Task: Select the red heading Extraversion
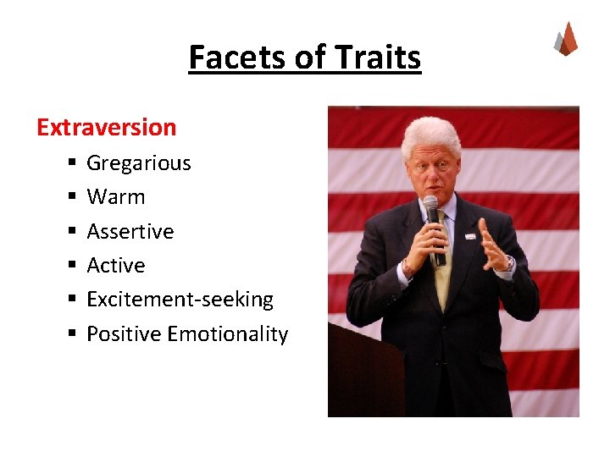click(x=106, y=128)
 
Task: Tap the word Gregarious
click(x=139, y=162)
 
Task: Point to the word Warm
click(x=116, y=197)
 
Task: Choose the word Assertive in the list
click(x=130, y=231)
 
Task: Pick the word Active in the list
click(x=116, y=266)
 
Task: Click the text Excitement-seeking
click(x=180, y=300)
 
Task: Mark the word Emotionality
click(x=228, y=334)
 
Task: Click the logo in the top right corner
click(x=566, y=39)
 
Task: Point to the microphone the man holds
click(x=433, y=224)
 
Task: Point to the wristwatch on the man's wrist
click(x=507, y=265)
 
